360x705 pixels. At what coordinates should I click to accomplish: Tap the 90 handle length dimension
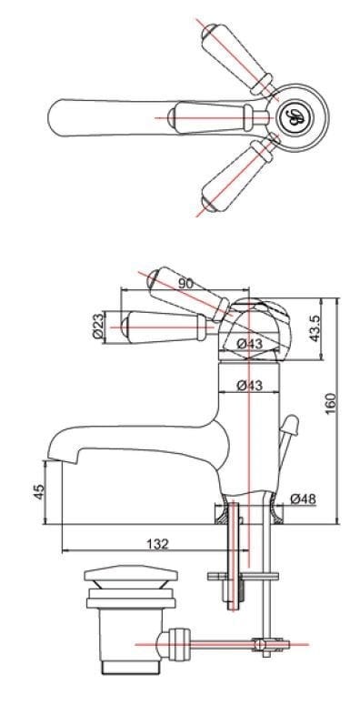[x=185, y=283]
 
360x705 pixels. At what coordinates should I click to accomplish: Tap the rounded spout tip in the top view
[x=59, y=116]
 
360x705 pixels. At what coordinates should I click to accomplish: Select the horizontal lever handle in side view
[x=164, y=323]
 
